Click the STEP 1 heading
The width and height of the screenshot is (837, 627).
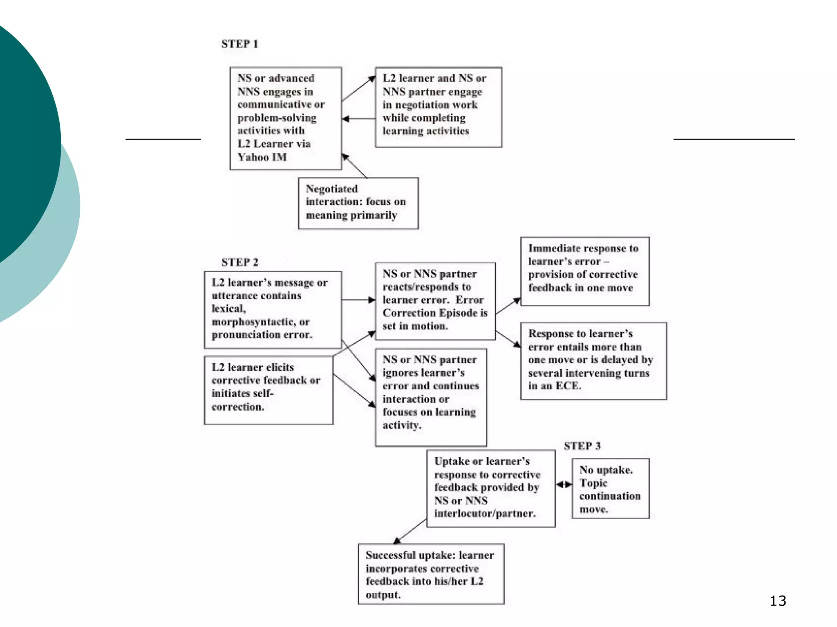tap(240, 44)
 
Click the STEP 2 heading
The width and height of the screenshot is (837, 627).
tap(240, 262)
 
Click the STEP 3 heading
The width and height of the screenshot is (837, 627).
tap(582, 446)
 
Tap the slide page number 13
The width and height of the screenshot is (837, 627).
tap(778, 601)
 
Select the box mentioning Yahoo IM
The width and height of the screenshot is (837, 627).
tap(285, 118)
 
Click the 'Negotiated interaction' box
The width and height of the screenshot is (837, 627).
tap(358, 203)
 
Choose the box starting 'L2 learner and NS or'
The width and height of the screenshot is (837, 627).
tap(438, 107)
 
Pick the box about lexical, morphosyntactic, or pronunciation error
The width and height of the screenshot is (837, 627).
tap(272, 309)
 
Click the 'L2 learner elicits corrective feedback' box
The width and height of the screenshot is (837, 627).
tap(268, 390)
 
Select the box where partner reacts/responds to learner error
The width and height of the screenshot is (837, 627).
tap(435, 301)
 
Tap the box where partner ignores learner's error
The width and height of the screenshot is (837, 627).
tap(431, 397)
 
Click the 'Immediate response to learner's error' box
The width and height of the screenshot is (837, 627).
tap(584, 271)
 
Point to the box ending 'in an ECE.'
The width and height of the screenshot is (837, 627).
tap(593, 361)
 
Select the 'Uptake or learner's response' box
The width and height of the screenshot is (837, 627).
tap(490, 488)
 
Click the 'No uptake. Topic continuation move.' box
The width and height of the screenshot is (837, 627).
tap(610, 489)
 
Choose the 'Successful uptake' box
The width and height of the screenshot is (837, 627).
tap(431, 574)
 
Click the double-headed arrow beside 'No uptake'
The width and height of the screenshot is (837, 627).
tap(564, 485)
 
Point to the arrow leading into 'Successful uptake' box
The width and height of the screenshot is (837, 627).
tap(410, 531)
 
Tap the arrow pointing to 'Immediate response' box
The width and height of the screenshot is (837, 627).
tap(508, 306)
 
